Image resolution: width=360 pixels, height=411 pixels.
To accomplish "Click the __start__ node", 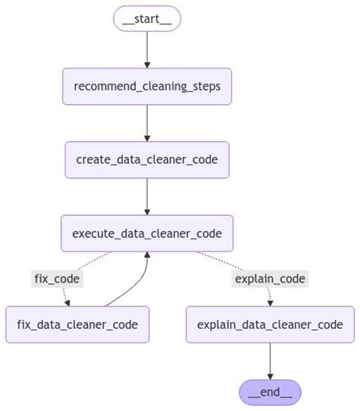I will [147, 18].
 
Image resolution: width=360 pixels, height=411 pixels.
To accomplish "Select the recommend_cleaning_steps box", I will [147, 86].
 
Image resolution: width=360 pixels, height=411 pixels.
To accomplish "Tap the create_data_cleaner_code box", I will [147, 160].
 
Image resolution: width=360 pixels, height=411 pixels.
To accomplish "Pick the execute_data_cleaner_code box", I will [147, 233].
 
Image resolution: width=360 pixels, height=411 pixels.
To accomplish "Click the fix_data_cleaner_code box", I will [77, 324].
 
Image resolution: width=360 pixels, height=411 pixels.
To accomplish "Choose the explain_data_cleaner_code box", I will [270, 324].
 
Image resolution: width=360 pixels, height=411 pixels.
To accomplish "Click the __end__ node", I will [270, 392].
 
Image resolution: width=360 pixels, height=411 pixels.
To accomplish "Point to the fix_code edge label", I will [57, 278].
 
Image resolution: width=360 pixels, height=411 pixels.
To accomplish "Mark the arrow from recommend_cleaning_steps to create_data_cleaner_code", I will [147, 122].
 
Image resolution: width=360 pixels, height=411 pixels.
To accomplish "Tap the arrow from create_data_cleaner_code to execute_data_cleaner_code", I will [147, 196].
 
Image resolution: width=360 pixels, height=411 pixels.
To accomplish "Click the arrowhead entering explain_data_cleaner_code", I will [269, 302].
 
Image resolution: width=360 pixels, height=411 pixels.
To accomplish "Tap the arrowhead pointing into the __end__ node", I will [270, 376].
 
